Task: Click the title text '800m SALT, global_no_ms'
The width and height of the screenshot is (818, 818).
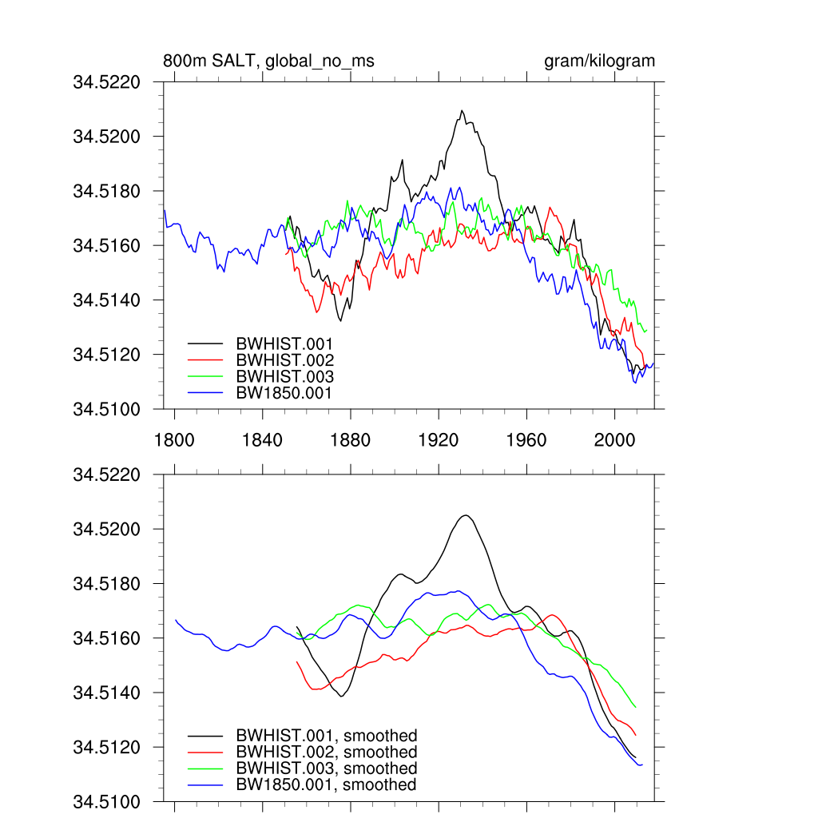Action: pyautogui.click(x=268, y=62)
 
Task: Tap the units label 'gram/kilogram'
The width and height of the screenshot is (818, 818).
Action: pyautogui.click(x=599, y=62)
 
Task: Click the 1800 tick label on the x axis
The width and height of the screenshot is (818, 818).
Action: pyautogui.click(x=174, y=439)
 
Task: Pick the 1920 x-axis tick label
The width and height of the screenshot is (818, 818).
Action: pyautogui.click(x=439, y=439)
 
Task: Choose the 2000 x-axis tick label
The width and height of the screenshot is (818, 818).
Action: pyautogui.click(x=615, y=439)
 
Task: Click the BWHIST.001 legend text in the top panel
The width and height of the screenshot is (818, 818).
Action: pyautogui.click(x=284, y=343)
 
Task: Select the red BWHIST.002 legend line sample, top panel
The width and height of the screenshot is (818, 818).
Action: pyautogui.click(x=204, y=360)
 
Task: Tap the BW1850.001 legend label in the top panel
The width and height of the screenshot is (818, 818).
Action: pyautogui.click(x=284, y=393)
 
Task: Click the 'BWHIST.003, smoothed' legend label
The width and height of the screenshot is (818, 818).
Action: pyautogui.click(x=326, y=768)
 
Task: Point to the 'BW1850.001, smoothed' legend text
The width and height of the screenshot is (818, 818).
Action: pyautogui.click(x=326, y=785)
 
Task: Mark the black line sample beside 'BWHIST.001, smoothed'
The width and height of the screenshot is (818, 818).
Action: pyautogui.click(x=204, y=736)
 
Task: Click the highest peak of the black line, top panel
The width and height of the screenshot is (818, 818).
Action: pyautogui.click(x=462, y=111)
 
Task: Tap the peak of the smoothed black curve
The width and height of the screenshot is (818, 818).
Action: pyautogui.click(x=465, y=515)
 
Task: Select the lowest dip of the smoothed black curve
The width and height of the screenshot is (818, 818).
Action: pyautogui.click(x=342, y=697)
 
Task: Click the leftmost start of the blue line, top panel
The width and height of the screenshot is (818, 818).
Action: pyautogui.click(x=165, y=210)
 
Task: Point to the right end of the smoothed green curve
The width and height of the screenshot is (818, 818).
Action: pyautogui.click(x=635, y=707)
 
